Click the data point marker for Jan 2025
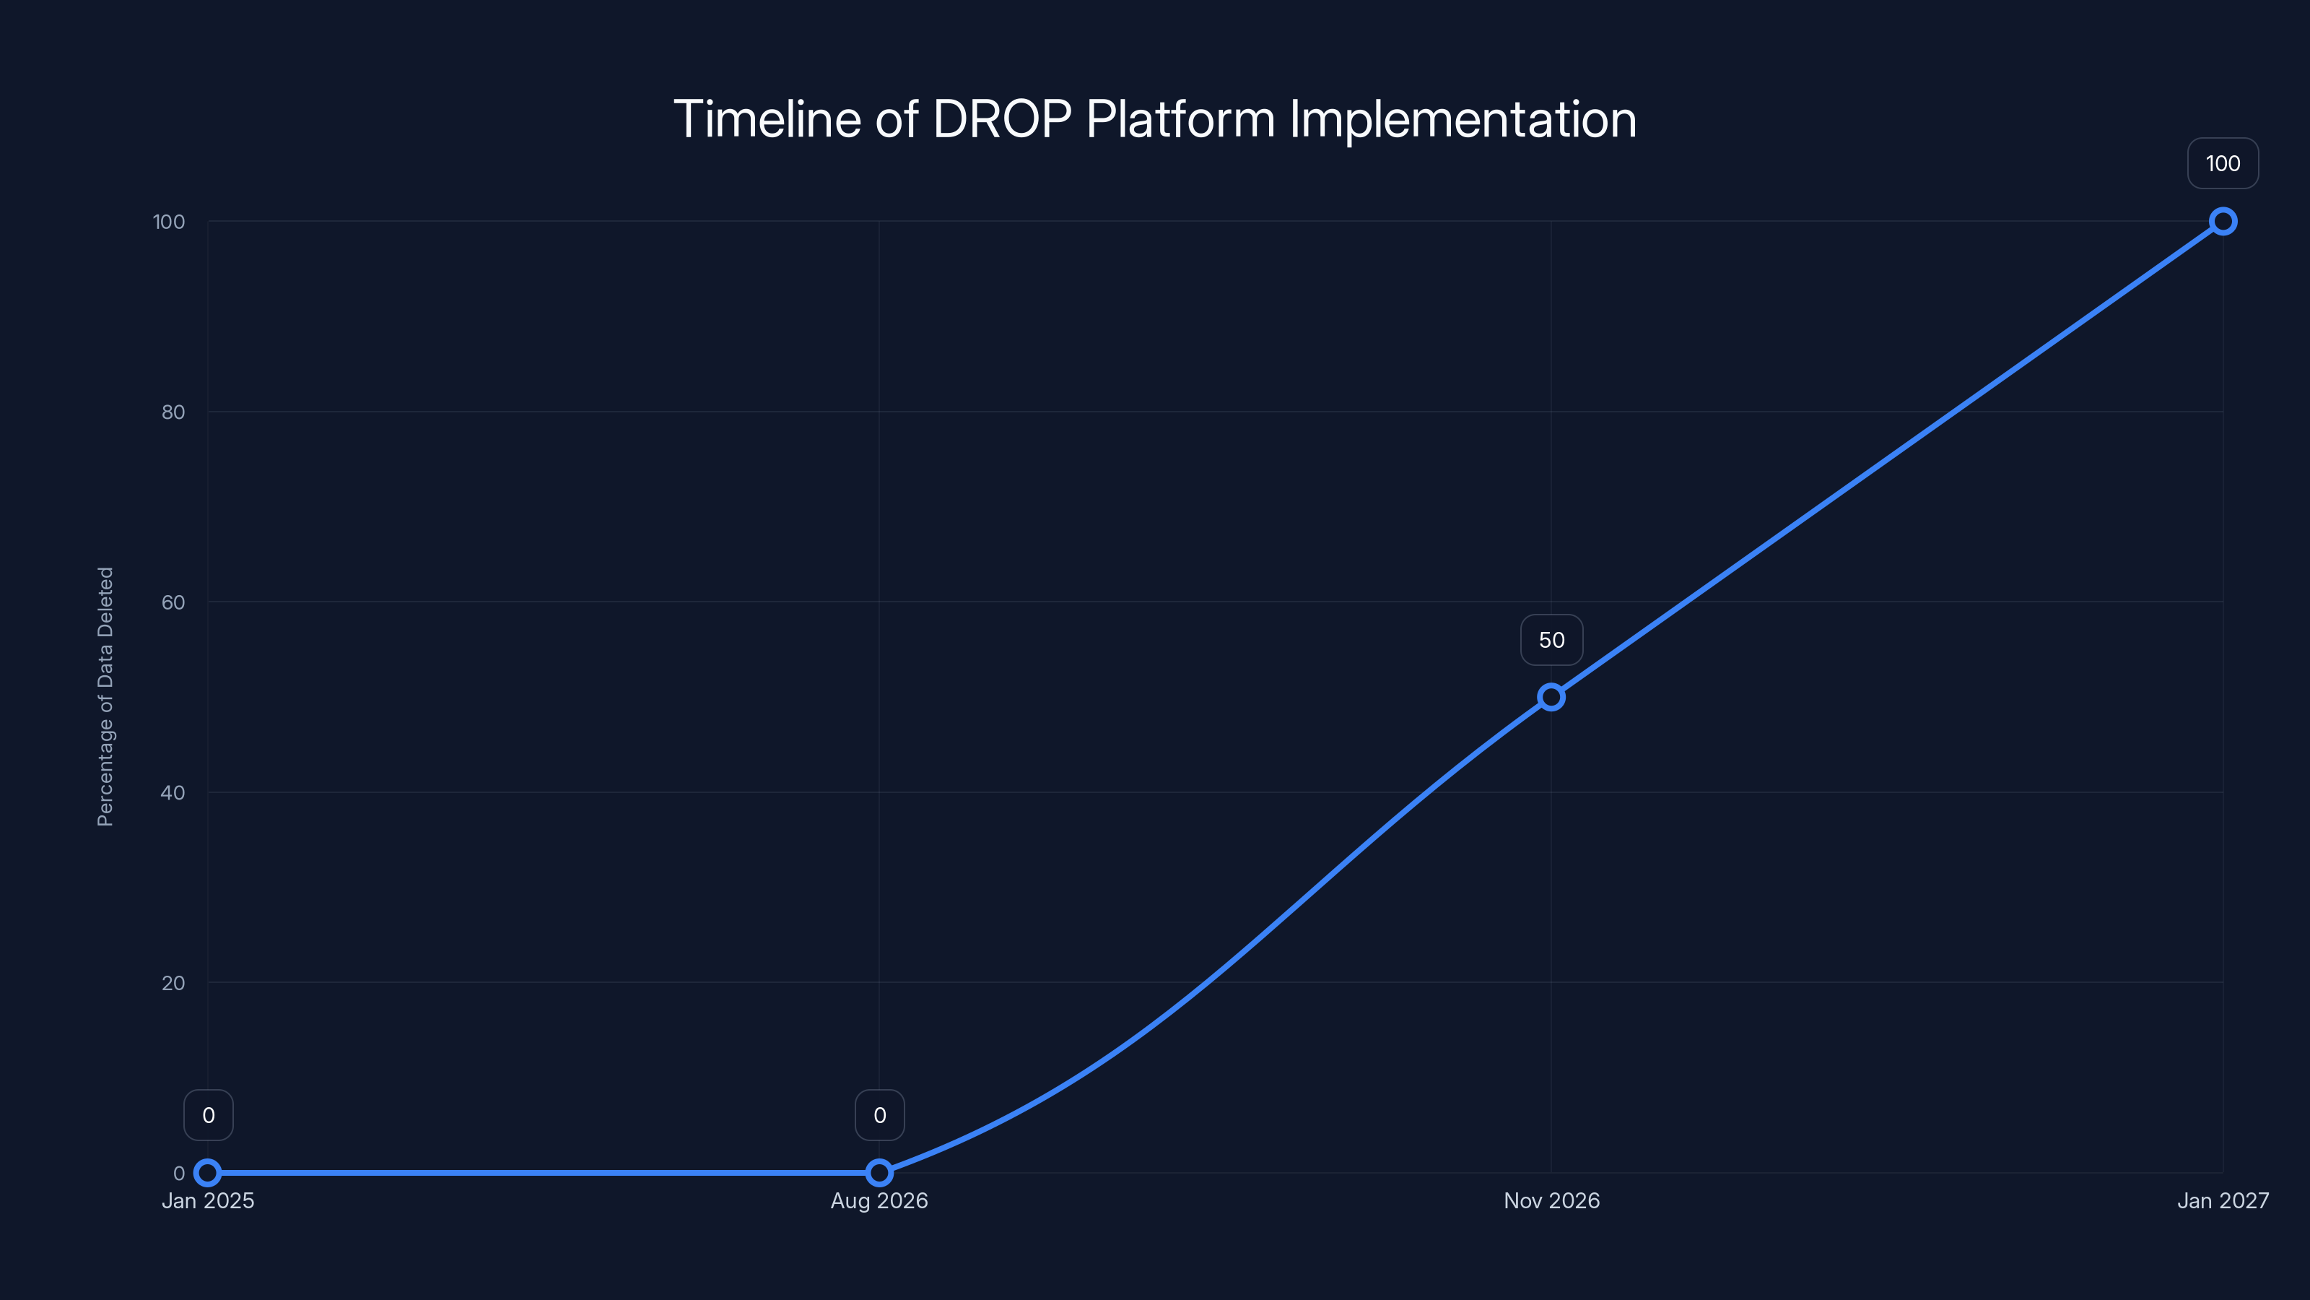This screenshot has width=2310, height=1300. (x=208, y=1173)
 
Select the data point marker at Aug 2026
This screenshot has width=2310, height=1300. (x=879, y=1173)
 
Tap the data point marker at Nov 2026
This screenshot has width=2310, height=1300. (x=1551, y=697)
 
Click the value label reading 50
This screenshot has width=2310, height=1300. (x=1551, y=640)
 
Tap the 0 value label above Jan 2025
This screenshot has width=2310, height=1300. (x=208, y=1115)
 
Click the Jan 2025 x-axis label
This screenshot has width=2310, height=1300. (x=208, y=1200)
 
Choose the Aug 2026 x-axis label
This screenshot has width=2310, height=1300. (x=879, y=1200)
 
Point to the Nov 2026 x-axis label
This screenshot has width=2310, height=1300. (x=1551, y=1200)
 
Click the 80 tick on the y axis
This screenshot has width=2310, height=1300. (x=173, y=412)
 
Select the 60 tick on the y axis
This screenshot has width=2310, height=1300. (x=173, y=602)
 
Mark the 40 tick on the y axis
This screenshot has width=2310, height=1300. (x=173, y=792)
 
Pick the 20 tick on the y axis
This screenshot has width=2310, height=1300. (x=173, y=982)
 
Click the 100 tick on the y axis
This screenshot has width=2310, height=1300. (x=169, y=222)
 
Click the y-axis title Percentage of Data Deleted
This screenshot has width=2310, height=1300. (x=106, y=696)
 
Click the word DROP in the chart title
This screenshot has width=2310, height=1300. (x=1002, y=119)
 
